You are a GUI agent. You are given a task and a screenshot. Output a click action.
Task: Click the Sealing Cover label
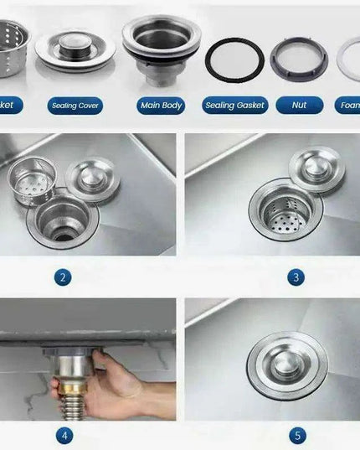75,106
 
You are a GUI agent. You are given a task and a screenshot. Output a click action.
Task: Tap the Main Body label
160,106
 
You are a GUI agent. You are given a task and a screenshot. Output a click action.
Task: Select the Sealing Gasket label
235,106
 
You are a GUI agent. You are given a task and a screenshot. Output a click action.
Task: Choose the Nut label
299,106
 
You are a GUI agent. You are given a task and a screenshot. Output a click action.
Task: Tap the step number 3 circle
296,277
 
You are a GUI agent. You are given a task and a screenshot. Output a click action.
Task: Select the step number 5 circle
299,436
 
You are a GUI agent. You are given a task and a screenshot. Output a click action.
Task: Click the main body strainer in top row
161,46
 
